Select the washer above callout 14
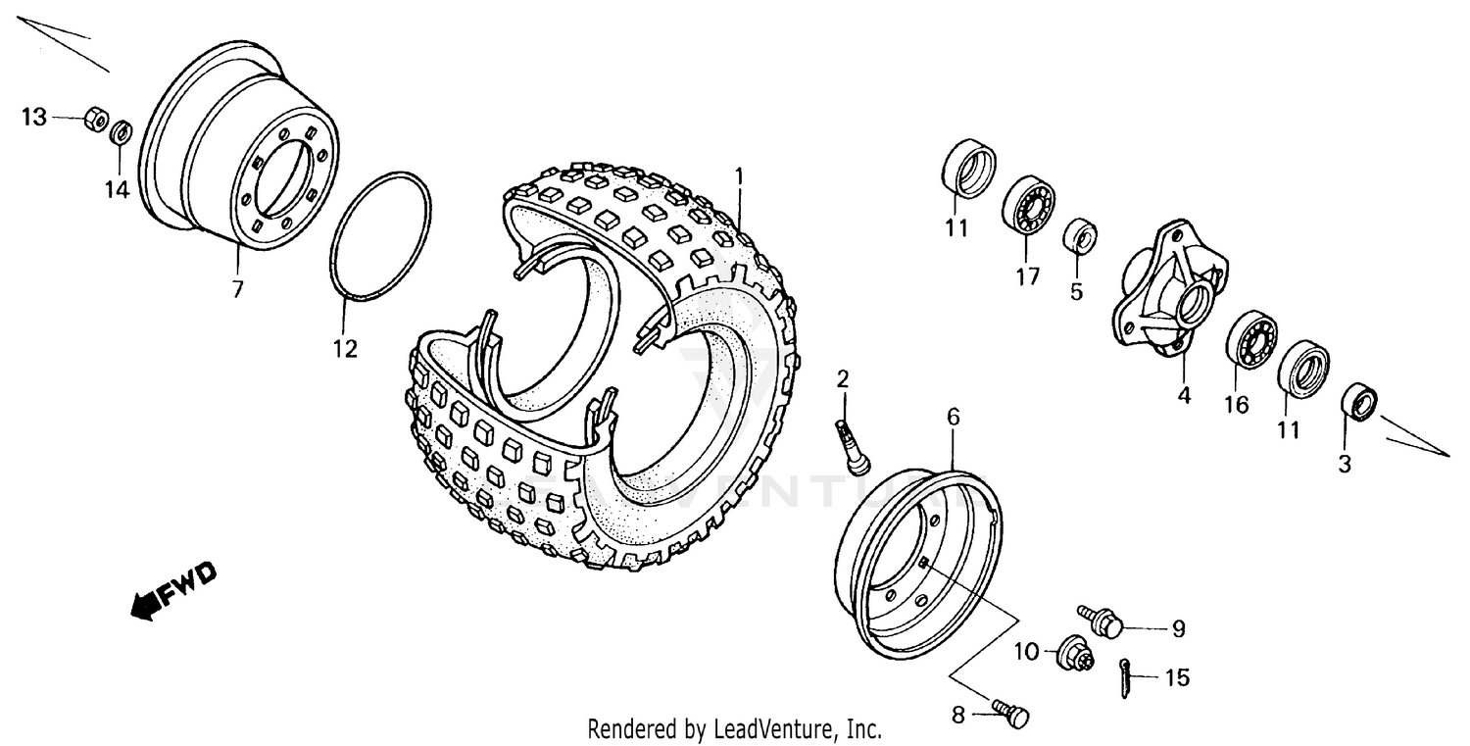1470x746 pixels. [x=122, y=131]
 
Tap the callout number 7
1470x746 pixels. [x=238, y=289]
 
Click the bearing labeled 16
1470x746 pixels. [x=1251, y=339]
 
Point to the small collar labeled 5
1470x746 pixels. [x=1080, y=237]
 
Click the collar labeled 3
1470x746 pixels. [x=1357, y=401]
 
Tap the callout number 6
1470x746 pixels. [x=954, y=418]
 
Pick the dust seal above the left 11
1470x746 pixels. [x=967, y=170]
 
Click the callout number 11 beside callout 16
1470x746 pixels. [x=1288, y=428]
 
